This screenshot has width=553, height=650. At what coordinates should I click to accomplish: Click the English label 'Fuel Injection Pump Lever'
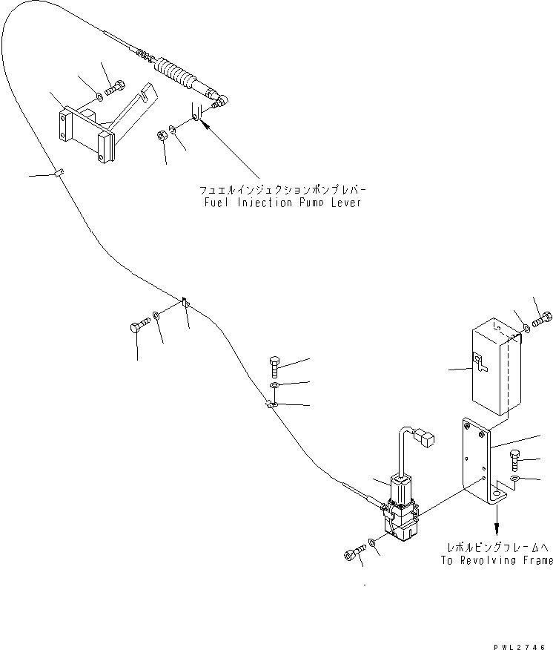[283, 203]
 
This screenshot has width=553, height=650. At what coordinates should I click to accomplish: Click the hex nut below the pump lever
[161, 136]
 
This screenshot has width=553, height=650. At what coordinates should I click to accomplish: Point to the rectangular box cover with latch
[496, 367]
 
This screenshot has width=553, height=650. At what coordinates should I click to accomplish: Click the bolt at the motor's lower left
[355, 553]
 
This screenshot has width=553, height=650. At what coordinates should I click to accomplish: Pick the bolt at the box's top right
[543, 318]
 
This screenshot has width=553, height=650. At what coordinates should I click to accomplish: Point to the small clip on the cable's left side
[59, 172]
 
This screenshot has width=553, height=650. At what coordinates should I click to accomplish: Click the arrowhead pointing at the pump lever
[205, 125]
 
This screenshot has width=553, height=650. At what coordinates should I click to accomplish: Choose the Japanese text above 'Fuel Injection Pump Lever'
[283, 190]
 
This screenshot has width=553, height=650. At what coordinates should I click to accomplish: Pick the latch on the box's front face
[480, 363]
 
